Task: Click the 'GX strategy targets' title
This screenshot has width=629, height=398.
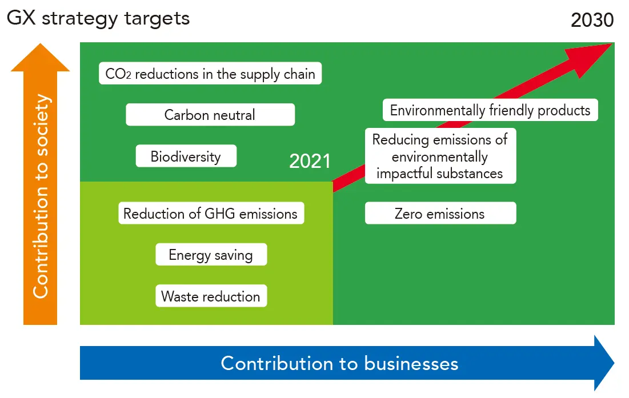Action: tap(98, 18)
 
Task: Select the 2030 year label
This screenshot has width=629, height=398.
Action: tap(592, 20)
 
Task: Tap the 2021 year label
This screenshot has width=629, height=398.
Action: tap(310, 161)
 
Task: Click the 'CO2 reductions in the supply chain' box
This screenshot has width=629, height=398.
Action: tap(210, 74)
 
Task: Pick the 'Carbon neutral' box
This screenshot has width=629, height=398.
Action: tap(210, 115)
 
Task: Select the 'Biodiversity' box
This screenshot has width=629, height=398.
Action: tap(186, 156)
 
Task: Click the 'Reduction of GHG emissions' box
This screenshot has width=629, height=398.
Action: tap(210, 214)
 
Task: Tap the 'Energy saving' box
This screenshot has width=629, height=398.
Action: tap(211, 255)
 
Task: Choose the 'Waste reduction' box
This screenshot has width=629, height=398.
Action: tap(211, 296)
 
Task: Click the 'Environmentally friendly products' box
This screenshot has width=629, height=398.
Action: tap(490, 110)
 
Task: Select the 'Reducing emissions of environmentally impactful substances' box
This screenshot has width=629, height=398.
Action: tap(440, 156)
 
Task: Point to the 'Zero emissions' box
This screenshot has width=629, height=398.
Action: tap(440, 214)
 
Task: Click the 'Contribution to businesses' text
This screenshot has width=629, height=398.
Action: tap(339, 363)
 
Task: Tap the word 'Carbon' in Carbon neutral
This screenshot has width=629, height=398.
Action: tap(185, 115)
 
